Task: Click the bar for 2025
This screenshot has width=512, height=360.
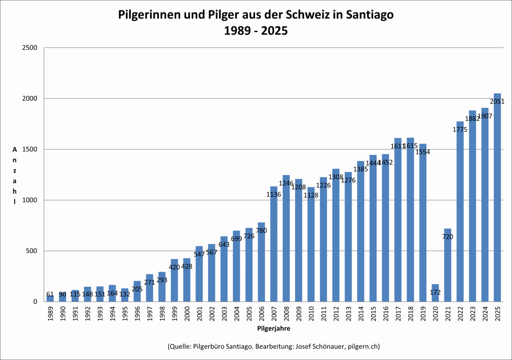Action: coord(497,200)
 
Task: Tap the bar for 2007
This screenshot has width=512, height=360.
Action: coord(274,248)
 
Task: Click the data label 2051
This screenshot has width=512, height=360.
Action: coord(497,102)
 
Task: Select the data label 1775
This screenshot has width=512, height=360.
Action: coord(460,130)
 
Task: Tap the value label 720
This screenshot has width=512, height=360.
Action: coord(448,237)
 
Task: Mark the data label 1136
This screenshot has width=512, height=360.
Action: coord(274,195)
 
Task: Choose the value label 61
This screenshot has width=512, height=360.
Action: coord(50,294)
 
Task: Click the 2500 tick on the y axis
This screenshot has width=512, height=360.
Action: coord(29,48)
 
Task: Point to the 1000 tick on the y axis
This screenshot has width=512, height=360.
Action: coord(29,200)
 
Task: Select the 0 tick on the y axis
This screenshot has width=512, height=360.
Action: coord(35,302)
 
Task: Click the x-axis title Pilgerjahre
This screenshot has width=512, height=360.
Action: coord(274,329)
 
